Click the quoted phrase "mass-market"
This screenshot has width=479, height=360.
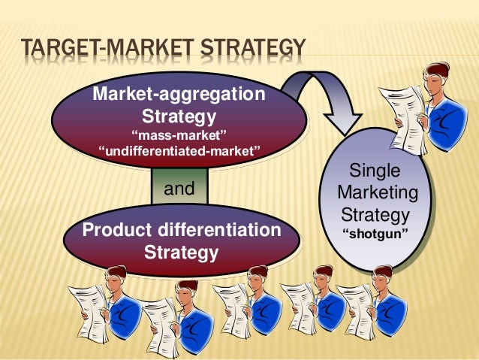point(179,136)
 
